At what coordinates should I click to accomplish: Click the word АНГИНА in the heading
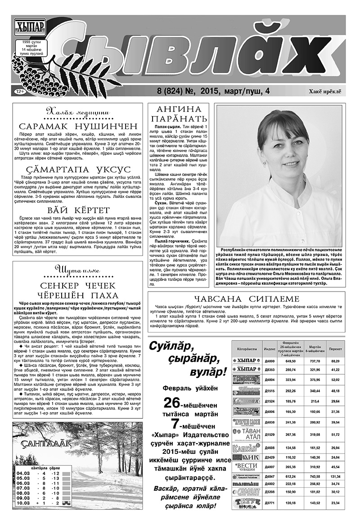tap(179, 110)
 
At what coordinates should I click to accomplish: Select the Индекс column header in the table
tap(270, 349)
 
